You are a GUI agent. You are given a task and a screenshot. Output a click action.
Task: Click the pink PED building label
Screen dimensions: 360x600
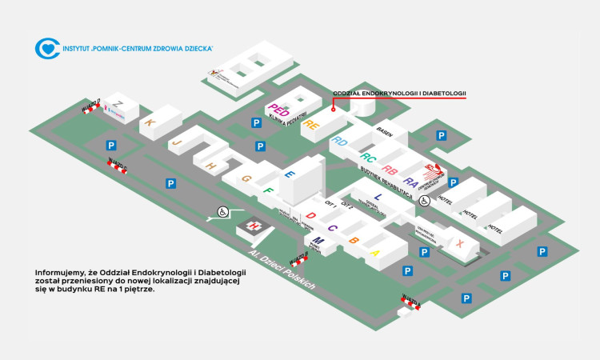click(x=278, y=110)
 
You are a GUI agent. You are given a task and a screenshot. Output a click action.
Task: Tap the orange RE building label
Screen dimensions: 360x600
click(x=311, y=124)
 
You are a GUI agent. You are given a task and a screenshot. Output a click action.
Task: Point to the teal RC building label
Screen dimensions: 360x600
click(x=368, y=157)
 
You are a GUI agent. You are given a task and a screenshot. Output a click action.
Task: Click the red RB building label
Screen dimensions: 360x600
click(x=390, y=170)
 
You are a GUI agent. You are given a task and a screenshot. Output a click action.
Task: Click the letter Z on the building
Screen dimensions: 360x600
click(x=118, y=104)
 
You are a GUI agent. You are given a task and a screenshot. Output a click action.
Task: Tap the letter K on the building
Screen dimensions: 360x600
click(x=150, y=122)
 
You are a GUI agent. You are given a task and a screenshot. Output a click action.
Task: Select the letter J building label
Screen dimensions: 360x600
click(x=178, y=141)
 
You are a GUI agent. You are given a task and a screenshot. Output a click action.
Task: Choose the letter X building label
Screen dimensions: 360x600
click(x=459, y=243)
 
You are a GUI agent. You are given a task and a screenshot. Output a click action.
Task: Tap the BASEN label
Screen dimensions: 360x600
click(x=384, y=130)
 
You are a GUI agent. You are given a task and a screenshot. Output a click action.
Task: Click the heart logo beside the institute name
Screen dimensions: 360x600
click(x=46, y=48)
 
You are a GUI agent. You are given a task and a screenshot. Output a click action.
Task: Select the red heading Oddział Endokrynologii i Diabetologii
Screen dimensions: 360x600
click(x=399, y=94)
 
